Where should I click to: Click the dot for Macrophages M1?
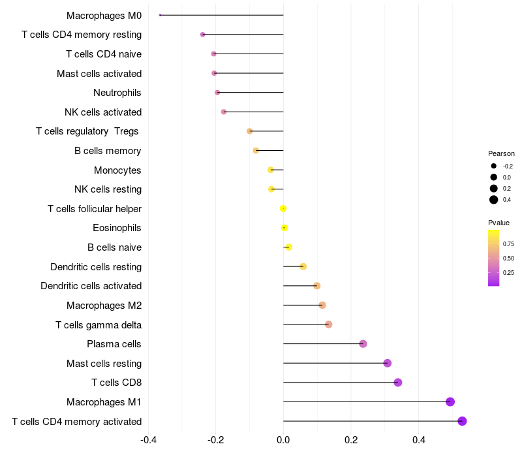click(x=450, y=402)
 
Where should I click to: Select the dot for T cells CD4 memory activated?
click(x=463, y=421)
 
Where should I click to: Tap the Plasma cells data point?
click(x=363, y=344)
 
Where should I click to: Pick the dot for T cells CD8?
click(x=398, y=383)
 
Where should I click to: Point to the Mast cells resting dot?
click(x=388, y=363)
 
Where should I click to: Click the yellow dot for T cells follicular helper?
click(x=283, y=209)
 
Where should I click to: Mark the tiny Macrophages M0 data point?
click(x=161, y=15)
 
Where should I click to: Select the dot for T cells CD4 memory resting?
click(x=203, y=35)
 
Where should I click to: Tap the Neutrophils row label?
click(x=117, y=93)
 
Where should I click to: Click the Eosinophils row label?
click(x=117, y=228)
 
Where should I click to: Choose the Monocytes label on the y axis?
click(x=117, y=170)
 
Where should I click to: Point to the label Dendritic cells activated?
click(x=91, y=286)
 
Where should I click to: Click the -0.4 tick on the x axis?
click(x=148, y=439)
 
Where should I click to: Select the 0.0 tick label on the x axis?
click(x=283, y=439)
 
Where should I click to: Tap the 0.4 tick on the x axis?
click(x=419, y=439)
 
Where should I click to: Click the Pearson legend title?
click(x=501, y=153)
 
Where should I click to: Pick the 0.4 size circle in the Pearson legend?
click(x=494, y=200)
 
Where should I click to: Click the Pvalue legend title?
click(x=499, y=223)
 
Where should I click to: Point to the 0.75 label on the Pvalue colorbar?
click(x=508, y=244)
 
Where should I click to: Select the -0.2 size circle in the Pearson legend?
click(x=494, y=166)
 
